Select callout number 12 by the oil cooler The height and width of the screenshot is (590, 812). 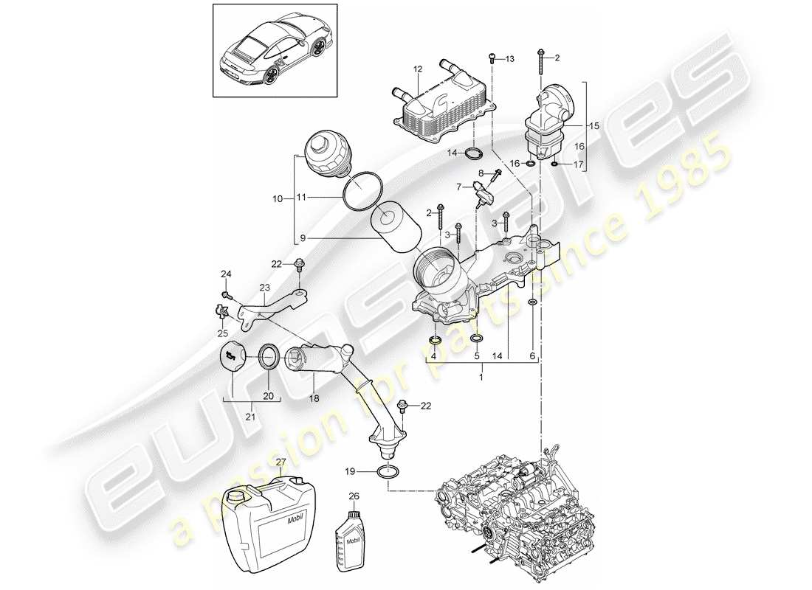(418, 69)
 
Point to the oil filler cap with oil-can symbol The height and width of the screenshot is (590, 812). (233, 358)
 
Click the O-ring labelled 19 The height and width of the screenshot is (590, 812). (388, 472)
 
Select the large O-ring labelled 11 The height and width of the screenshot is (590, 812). (360, 190)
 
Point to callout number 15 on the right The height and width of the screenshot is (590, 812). (596, 126)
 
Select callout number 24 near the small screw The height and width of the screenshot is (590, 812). (227, 275)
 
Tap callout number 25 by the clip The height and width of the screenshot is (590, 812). (222, 333)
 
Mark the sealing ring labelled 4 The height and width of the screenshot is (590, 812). (436, 340)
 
